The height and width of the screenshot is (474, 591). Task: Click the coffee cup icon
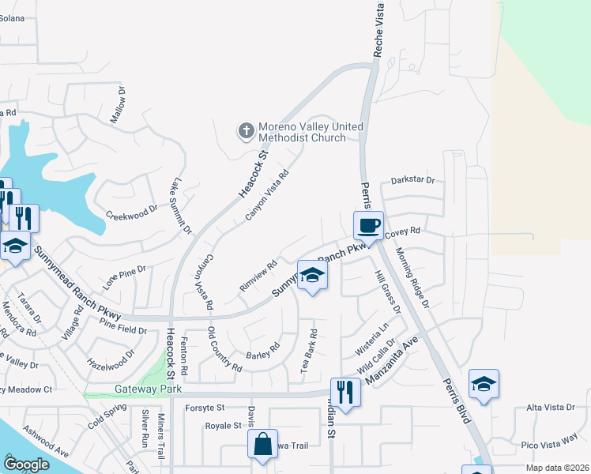(x=367, y=226)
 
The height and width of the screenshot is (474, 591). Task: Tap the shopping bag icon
(x=262, y=443)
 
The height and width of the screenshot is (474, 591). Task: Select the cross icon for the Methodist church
(x=246, y=130)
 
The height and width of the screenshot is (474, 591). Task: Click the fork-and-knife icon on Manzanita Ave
(x=345, y=390)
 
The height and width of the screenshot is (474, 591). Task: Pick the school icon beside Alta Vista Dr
(x=484, y=384)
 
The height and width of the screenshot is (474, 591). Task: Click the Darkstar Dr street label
(x=412, y=180)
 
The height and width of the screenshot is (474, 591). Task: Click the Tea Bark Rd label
(x=307, y=351)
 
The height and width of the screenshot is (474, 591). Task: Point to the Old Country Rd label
(x=224, y=349)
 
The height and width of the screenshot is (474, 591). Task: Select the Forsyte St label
(x=205, y=408)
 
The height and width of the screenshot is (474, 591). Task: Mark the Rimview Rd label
(x=258, y=275)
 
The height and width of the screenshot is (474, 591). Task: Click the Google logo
(x=26, y=465)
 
